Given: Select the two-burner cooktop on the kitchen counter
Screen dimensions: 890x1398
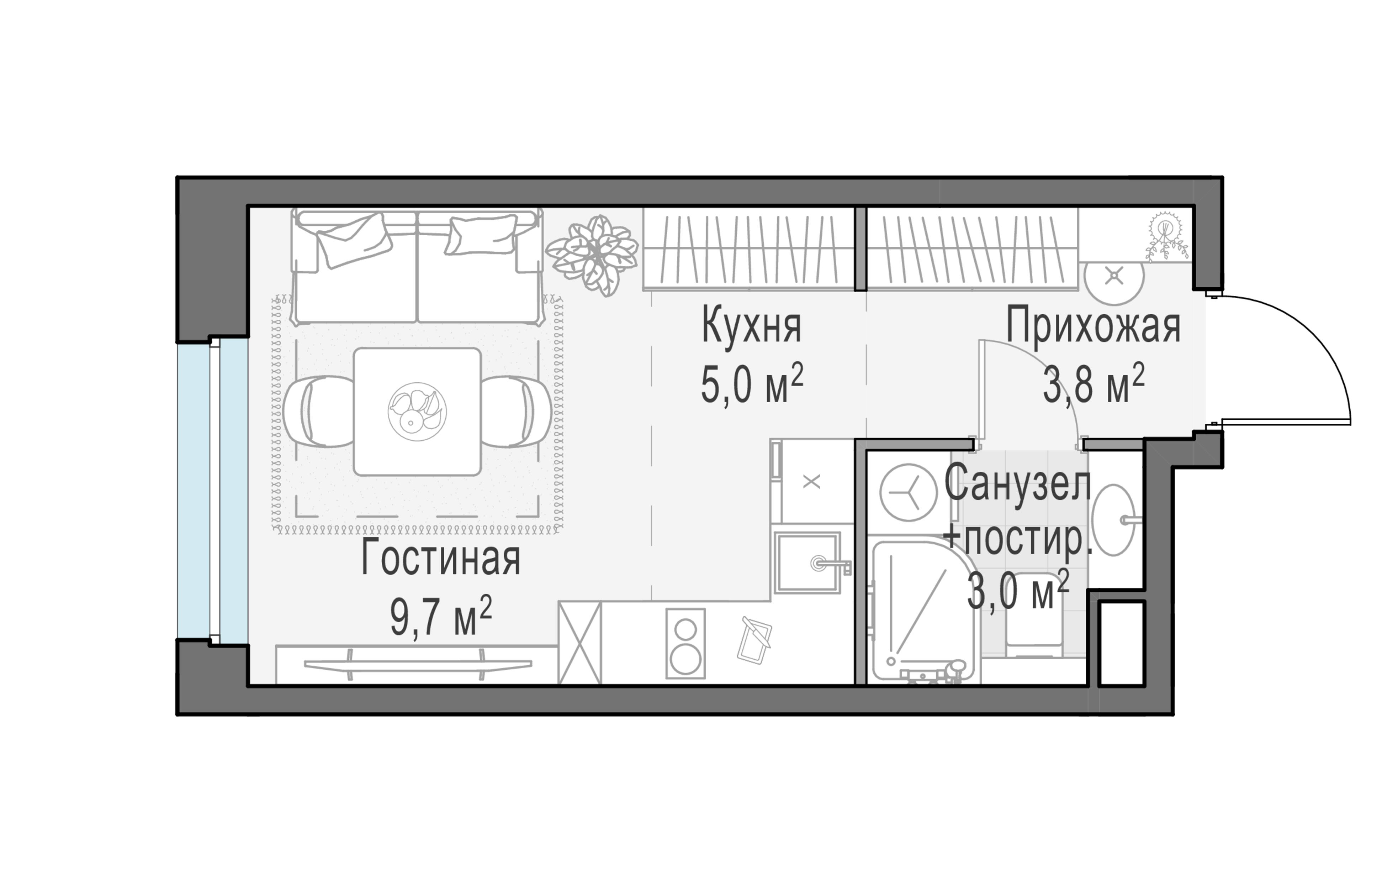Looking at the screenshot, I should [x=685, y=643].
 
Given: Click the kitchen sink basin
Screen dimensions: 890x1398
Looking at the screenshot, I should [x=807, y=562].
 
